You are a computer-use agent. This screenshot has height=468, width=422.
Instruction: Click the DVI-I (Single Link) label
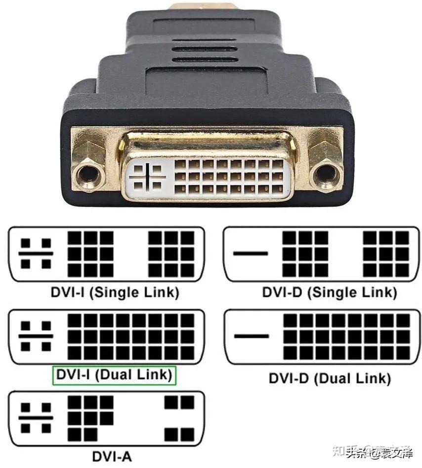pos(114,292)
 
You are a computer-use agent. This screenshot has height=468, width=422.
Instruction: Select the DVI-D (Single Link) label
pos(329,292)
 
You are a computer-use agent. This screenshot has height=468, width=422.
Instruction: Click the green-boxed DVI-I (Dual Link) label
pos(114,375)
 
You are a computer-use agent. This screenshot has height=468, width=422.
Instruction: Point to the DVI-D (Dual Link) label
pos(330,378)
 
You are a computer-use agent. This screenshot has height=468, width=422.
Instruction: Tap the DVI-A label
pos(112,456)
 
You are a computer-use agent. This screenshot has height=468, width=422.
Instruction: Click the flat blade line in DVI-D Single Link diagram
pos(251,254)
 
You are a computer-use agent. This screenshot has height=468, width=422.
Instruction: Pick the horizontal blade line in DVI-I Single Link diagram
pos(36,253)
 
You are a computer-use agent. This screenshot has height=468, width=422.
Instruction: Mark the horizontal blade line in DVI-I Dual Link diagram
pos(36,336)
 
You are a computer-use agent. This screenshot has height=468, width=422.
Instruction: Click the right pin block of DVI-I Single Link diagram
pos(172,254)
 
